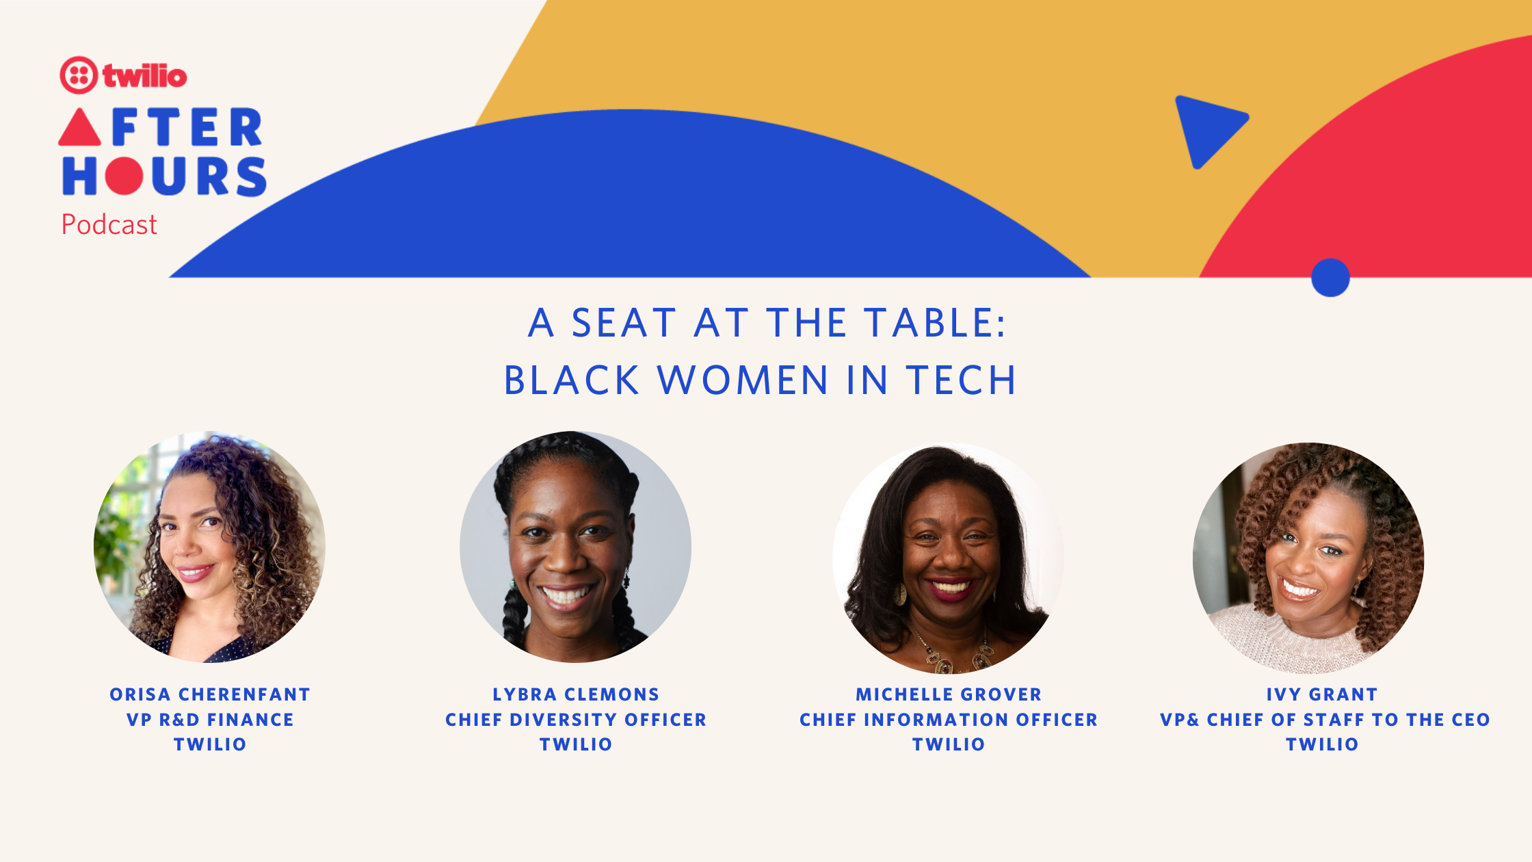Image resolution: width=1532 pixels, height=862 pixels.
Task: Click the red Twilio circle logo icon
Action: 79,75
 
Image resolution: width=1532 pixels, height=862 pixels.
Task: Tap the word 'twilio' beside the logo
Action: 145,76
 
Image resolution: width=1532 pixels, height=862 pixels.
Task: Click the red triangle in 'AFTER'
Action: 80,127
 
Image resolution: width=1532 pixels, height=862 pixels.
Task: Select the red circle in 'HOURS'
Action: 124,176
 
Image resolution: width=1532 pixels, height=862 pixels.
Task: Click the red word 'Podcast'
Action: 109,224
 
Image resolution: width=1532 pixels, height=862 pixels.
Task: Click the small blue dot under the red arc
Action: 1330,277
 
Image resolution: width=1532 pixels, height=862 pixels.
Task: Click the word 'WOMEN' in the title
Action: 743,380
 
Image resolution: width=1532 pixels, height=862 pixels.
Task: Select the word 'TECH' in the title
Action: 961,380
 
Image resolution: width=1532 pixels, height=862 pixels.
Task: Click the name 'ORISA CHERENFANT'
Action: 210,694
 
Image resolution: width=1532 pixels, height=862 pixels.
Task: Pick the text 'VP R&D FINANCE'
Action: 210,720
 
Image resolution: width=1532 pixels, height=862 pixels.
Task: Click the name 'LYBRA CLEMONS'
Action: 576,694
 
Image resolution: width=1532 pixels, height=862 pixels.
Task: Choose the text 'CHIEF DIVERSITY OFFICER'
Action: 576,720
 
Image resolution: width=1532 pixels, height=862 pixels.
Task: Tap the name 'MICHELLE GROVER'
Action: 949,694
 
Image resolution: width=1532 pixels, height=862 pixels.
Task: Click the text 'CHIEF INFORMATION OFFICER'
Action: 949,720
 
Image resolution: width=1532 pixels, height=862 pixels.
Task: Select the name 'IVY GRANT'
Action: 1322,694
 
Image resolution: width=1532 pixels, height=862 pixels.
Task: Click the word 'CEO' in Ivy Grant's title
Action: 1470,720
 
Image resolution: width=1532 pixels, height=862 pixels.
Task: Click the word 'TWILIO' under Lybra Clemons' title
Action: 576,744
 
